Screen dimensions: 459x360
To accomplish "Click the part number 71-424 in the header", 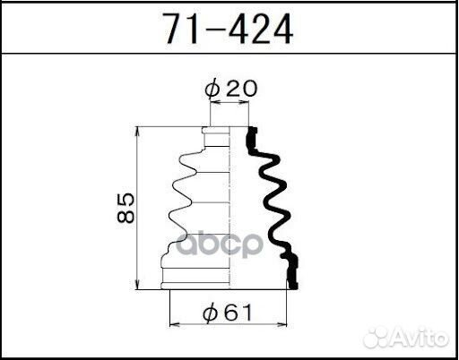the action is pos(229,30).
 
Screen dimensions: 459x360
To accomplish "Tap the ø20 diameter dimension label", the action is pos(230,89).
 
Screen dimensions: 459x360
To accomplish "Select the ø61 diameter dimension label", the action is pos(227,313).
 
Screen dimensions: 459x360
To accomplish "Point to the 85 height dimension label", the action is pos(126,208).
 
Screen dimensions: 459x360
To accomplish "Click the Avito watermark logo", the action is pos(406,338).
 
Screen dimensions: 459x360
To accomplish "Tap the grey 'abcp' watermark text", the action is pos(220,244).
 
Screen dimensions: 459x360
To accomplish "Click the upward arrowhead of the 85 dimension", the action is pos(137,132).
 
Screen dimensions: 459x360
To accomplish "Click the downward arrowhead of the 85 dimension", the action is pos(137,285).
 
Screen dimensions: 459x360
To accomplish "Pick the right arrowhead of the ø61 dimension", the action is pos(281,324).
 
